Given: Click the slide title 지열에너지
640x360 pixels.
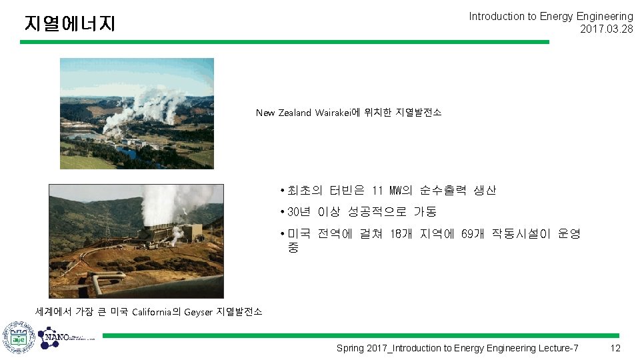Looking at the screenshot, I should click(x=69, y=24).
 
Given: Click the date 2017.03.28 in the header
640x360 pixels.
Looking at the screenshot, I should click(x=606, y=29).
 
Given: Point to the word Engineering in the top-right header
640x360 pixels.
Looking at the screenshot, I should click(x=603, y=16).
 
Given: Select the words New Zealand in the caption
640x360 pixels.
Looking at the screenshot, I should click(x=283, y=113).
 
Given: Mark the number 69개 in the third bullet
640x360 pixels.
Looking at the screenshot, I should click(x=473, y=234).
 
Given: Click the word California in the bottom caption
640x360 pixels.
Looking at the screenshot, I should click(x=152, y=312).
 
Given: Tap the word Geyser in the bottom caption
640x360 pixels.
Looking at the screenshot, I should click(x=198, y=312).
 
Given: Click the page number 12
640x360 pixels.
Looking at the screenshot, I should click(x=615, y=348).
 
